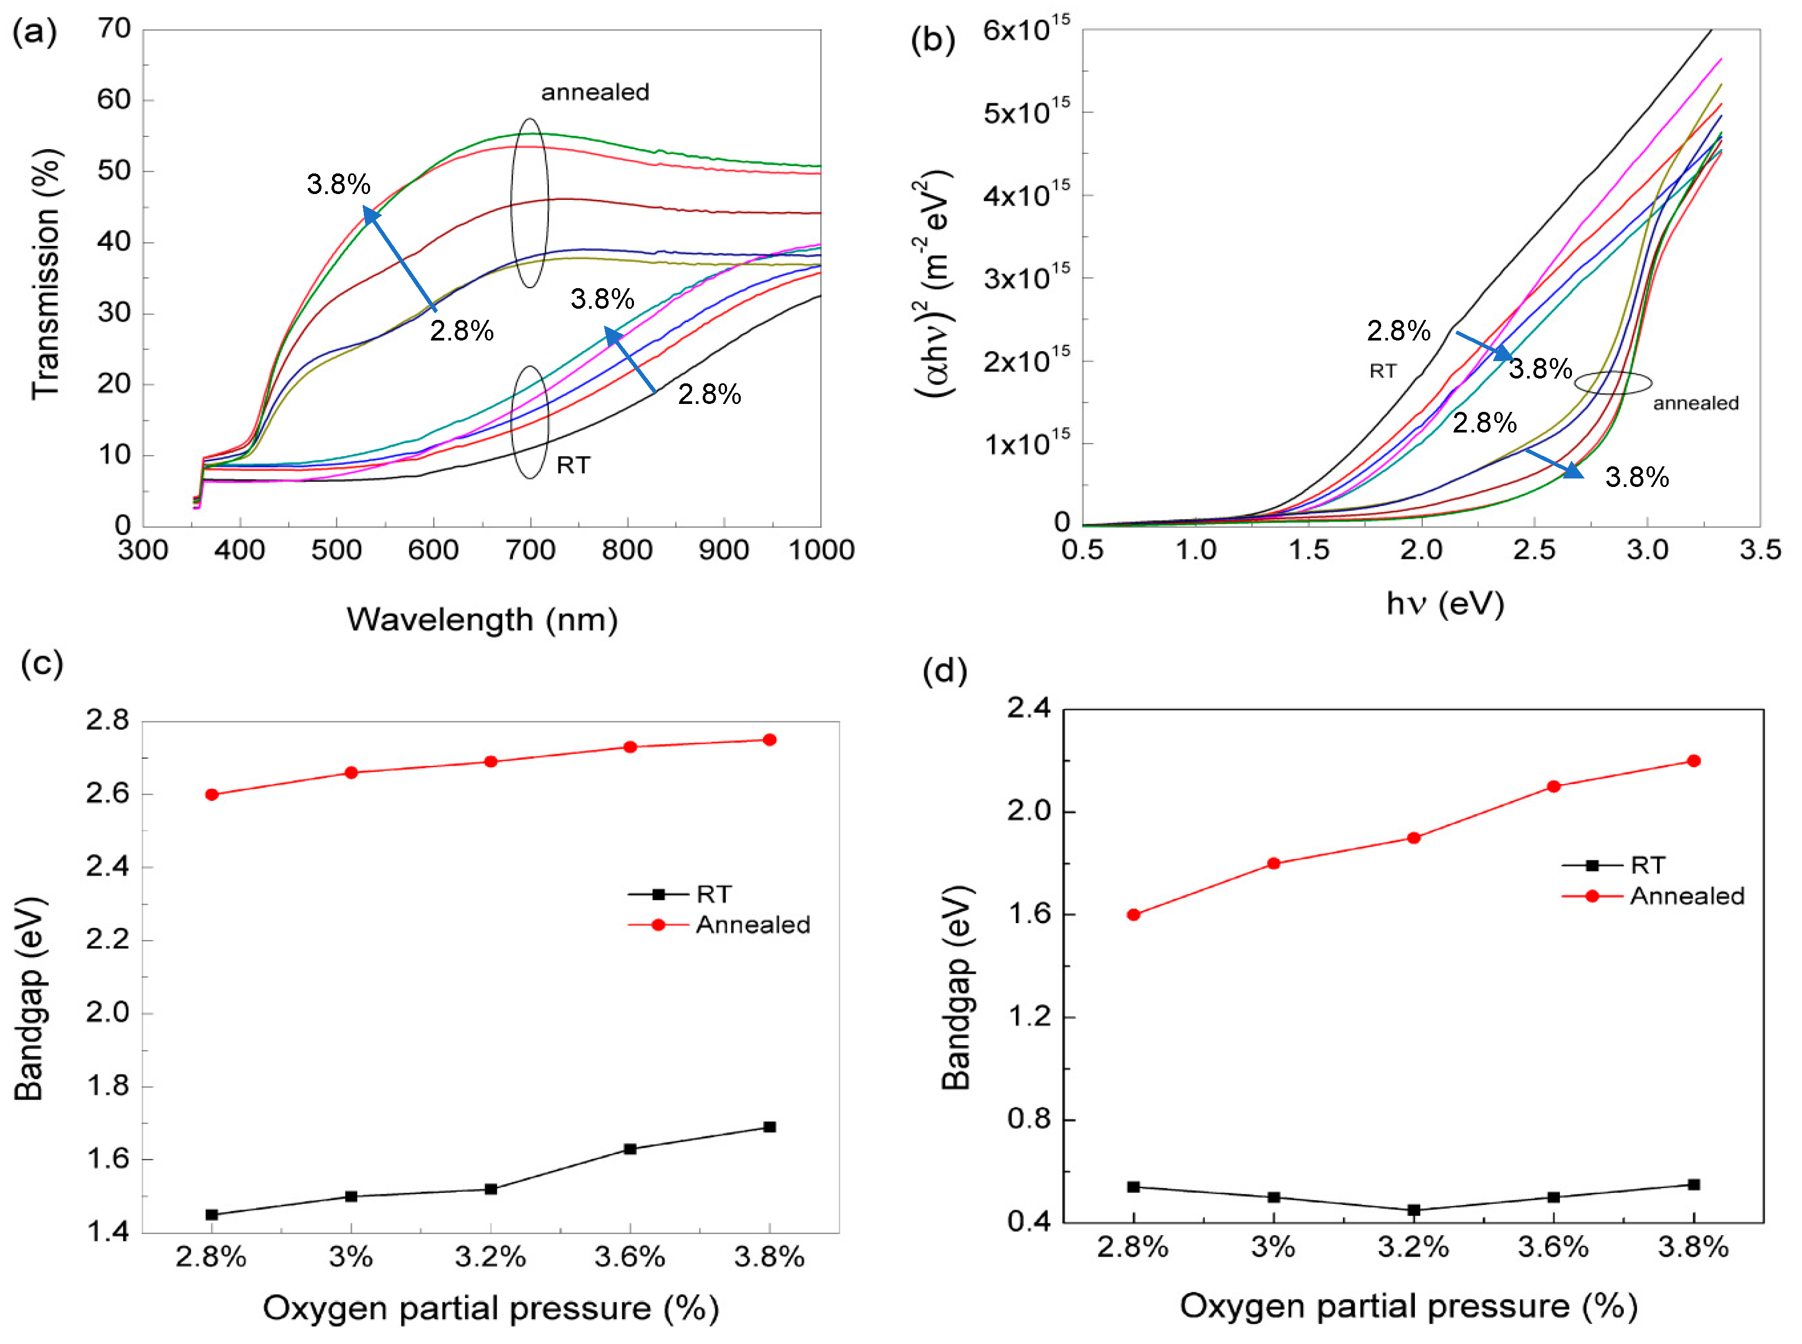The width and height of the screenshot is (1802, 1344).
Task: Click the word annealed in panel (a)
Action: pos(595,92)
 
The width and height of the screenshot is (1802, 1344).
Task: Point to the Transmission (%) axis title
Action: pos(47,274)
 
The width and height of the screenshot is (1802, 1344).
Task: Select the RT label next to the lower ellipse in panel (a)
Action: pos(573,465)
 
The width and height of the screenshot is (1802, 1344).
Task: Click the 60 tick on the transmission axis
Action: pos(114,100)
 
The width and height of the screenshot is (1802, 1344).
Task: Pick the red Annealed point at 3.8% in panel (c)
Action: pos(769,740)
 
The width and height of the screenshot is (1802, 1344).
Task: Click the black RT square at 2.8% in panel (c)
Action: pos(212,1214)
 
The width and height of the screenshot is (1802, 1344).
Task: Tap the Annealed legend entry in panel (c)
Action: pos(752,925)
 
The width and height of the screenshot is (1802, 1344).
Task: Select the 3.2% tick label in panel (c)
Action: pos(490,1257)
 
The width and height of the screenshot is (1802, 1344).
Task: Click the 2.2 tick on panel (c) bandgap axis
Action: pos(108,940)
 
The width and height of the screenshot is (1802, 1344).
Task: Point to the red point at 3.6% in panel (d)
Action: pos(1553,786)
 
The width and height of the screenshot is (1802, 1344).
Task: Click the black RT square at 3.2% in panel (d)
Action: pos(1413,1210)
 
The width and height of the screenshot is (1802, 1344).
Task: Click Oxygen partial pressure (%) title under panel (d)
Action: pos(1408,1306)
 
